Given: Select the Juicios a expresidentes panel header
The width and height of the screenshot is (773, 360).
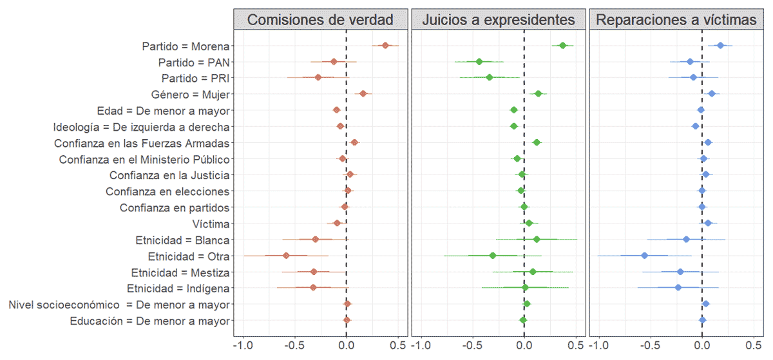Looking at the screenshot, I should coord(498,20).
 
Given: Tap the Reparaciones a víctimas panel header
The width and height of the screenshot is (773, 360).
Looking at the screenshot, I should coord(676,20).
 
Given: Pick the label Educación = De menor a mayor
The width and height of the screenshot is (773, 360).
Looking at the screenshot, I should coord(149,321).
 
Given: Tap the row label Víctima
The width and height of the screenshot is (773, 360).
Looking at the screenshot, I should coord(211,224).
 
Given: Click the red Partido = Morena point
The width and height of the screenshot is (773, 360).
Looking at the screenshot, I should coord(385,45).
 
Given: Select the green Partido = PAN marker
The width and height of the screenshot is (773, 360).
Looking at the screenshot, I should coord(479,62).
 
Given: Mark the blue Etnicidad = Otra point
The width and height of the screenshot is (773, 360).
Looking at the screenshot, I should coord(645,256).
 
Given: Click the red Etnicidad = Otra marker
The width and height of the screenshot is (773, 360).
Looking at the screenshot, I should coord(286,256).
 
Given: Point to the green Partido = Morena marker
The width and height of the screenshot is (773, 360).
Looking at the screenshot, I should coord(562,45).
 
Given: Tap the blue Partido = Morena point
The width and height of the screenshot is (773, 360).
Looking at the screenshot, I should coord(720,45).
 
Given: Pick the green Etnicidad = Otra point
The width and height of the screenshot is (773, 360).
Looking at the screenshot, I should coord(493,256).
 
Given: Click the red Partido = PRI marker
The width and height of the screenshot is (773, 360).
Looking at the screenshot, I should coord(318,77).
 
